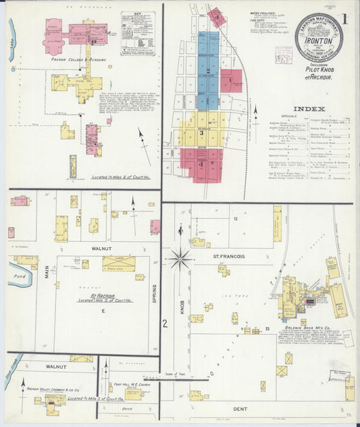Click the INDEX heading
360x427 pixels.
pos(309,108)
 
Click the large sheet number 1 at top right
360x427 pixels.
pos(346,18)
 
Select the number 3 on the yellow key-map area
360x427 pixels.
pos(201,132)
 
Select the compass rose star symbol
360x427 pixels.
pos(180,259)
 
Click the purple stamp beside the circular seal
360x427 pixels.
pos(283,55)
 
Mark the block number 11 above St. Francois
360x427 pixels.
pos(236,220)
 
